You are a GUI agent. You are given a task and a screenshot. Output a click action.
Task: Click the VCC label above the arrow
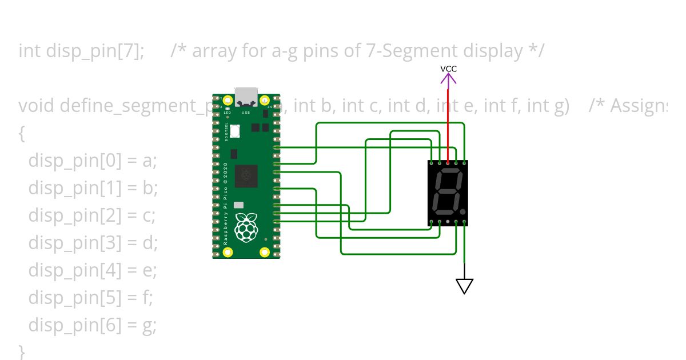pos(448,69)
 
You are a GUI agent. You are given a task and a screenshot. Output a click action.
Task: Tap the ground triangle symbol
pos(464,285)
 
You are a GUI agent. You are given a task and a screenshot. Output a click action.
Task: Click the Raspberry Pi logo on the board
pos(246,227)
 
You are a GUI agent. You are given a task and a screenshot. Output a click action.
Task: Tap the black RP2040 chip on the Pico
pos(246,175)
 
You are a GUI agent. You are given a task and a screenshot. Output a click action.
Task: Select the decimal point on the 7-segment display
pos(461,211)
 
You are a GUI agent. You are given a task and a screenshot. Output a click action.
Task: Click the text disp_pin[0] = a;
pos(93,162)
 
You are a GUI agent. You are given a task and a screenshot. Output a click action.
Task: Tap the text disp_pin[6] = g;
pos(93,326)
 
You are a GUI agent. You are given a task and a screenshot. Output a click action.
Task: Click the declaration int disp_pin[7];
pos(81,51)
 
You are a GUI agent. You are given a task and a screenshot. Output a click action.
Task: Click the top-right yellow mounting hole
pos(265,102)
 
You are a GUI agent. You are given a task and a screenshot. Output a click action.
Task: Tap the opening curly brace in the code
pos(22,134)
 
